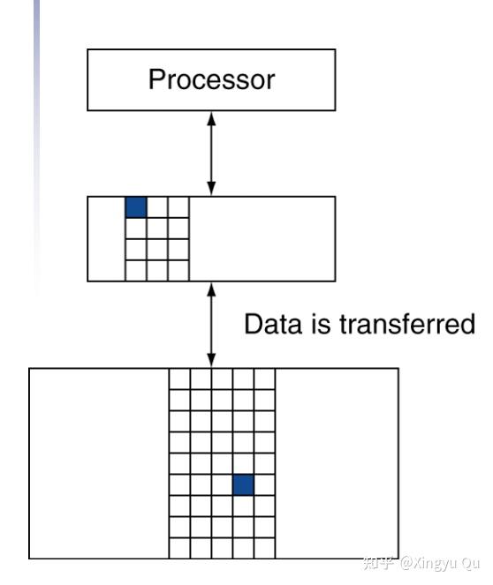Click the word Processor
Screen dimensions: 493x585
coord(212,79)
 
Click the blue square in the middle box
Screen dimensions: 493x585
coord(136,207)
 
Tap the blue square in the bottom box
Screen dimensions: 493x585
coord(243,485)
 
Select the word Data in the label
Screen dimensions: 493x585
coord(273,324)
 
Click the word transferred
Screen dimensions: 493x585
coord(407,324)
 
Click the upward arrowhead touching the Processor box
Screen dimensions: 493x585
coord(211,119)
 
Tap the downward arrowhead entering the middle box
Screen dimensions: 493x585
coord(211,189)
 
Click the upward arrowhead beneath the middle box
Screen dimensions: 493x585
coord(211,290)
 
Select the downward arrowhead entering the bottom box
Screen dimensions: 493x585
coord(211,361)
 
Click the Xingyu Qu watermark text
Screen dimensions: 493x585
coord(440,563)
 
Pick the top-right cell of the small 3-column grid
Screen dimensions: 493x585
coord(178,207)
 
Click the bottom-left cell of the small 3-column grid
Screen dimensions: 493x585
coord(136,271)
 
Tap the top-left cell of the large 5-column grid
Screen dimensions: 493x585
coord(179,379)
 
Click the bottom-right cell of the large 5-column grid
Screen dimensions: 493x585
coord(264,548)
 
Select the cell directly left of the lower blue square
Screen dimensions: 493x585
coord(223,485)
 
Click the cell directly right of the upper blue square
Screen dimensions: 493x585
coord(157,207)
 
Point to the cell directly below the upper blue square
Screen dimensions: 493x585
coord(136,229)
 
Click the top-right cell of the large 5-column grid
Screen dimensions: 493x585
coord(264,379)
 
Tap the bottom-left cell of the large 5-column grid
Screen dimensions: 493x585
coord(179,548)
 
